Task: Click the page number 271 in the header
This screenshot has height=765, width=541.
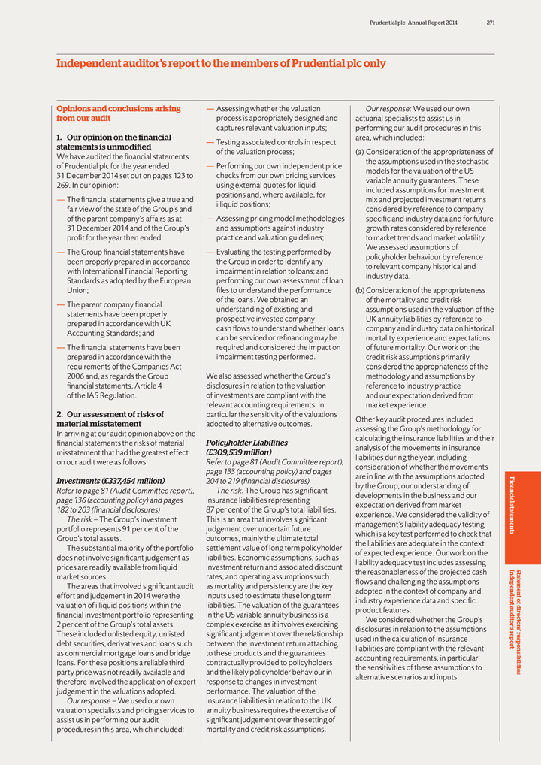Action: pyautogui.click(x=490, y=23)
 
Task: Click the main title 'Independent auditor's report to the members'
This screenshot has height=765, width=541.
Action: pyautogui.click(x=221, y=64)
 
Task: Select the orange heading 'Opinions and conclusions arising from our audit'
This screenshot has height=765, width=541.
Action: pyautogui.click(x=119, y=113)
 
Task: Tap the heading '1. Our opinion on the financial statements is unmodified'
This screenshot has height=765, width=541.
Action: pyautogui.click(x=114, y=142)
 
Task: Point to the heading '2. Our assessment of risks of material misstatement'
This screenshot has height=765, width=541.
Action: pyautogui.click(x=110, y=419)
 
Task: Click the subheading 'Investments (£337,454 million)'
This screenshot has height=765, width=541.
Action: pyautogui.click(x=110, y=480)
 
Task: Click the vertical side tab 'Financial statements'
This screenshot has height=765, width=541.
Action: pyautogui.click(x=514, y=505)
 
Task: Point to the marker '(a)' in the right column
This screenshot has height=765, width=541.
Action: pyautogui.click(x=360, y=152)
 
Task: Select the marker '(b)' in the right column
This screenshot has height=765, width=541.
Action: pyautogui.click(x=360, y=290)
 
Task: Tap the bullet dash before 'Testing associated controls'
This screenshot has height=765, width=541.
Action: pyautogui.click(x=210, y=142)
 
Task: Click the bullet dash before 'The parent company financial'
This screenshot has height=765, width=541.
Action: pyautogui.click(x=61, y=305)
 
